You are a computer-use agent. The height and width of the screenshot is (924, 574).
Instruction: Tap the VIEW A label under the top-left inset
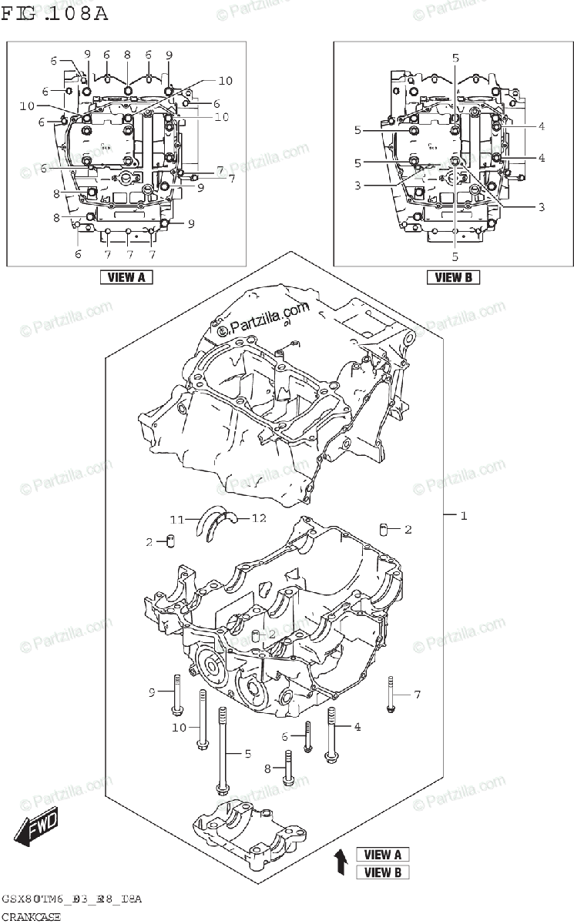pyautogui.click(x=126, y=277)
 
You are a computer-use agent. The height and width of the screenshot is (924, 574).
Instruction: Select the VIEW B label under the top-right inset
pyautogui.click(x=453, y=277)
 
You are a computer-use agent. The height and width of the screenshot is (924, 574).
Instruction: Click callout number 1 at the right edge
pyautogui.click(x=464, y=515)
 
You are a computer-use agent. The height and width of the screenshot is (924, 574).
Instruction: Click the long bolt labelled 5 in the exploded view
pyautogui.click(x=222, y=751)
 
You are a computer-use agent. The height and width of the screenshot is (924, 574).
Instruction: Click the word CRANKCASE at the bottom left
pyautogui.click(x=31, y=916)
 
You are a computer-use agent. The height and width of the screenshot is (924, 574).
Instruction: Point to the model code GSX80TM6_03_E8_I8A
pyautogui.click(x=71, y=899)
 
